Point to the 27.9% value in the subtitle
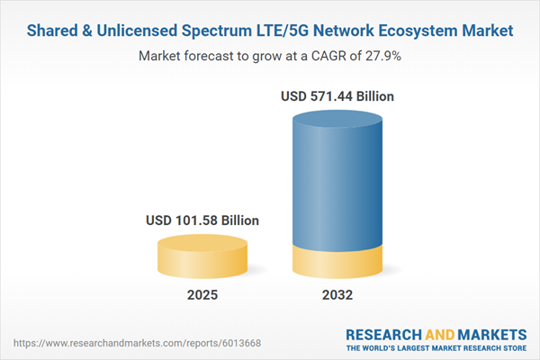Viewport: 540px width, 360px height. pos(382,56)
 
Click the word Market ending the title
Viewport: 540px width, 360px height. pos(489,31)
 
